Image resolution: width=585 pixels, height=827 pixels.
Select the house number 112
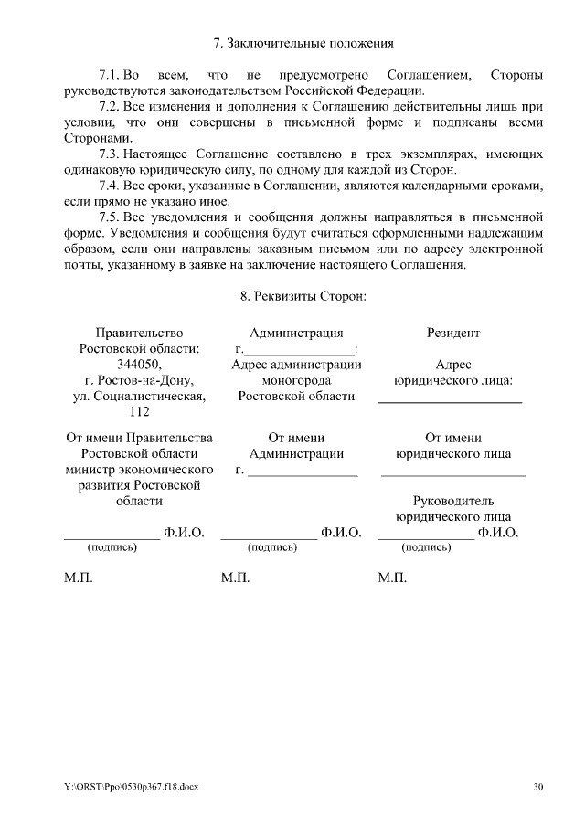pos(139,412)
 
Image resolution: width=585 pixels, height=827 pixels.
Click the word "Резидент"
pos(452,333)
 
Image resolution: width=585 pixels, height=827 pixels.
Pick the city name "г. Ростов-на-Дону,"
pos(139,380)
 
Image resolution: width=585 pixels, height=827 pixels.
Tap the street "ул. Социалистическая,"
pos(139,396)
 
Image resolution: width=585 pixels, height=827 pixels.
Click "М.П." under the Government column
pos(78,578)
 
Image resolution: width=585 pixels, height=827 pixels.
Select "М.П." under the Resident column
pos(392,578)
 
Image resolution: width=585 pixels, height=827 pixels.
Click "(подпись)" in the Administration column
pos(272,547)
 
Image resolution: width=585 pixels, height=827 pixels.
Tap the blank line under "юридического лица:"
pos(451,401)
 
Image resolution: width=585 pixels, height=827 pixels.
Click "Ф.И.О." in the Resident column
pos(498,532)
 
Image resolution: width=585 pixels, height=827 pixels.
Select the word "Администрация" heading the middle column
pos(296,333)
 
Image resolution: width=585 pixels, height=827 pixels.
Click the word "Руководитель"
pos(453,501)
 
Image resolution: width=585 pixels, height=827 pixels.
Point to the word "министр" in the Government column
pos(90,469)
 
